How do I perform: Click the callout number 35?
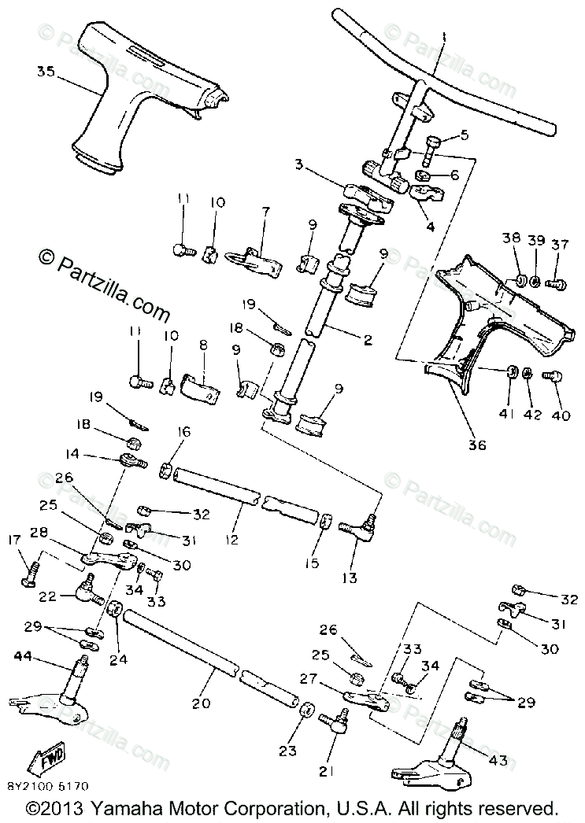click(x=45, y=72)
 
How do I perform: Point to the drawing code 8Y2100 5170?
click(x=48, y=784)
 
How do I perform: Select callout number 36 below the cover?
click(x=477, y=445)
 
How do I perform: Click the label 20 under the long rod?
click(x=201, y=703)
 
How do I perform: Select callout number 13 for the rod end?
click(x=349, y=578)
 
